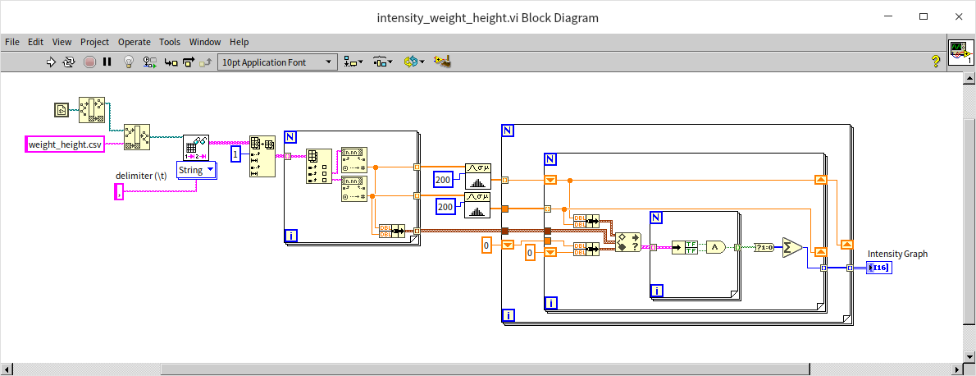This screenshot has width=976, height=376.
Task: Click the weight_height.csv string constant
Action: [65, 144]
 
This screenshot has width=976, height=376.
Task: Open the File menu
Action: [12, 42]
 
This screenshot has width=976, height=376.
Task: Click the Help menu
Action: [239, 42]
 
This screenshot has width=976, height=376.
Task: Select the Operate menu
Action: [134, 42]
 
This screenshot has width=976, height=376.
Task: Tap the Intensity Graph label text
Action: [897, 254]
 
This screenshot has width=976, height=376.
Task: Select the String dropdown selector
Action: [197, 170]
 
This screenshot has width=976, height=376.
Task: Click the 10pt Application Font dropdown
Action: [277, 62]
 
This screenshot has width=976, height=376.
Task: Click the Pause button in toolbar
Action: [107, 62]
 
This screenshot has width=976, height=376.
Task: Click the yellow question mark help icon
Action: [934, 61]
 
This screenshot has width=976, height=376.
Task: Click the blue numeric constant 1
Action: [235, 154]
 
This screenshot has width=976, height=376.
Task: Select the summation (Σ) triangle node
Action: [792, 247]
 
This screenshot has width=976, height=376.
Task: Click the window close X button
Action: [955, 16]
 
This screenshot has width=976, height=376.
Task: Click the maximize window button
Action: [924, 16]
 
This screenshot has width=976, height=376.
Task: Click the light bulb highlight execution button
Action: [128, 62]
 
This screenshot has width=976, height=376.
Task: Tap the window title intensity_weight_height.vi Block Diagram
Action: [487, 17]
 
